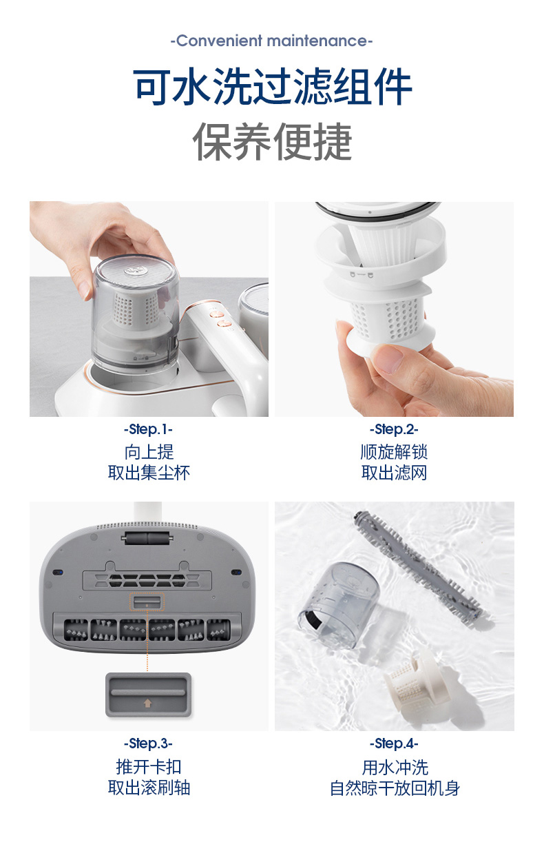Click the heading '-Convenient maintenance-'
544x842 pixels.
coord(271,41)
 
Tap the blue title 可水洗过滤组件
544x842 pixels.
coord(273,86)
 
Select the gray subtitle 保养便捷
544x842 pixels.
coord(273,141)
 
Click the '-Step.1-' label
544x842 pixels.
coord(149,429)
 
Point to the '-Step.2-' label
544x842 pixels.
coord(394,429)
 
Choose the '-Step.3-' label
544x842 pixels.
coord(149,743)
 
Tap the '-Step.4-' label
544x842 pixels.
coord(394,743)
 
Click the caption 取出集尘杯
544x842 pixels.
coord(149,473)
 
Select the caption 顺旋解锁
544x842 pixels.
coord(394,451)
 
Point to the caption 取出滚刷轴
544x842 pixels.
coord(149,788)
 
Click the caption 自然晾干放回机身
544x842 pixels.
coord(395,788)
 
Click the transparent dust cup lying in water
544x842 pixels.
coord(339,604)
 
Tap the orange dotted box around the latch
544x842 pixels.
coord(147,602)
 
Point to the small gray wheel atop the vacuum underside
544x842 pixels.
coord(147,538)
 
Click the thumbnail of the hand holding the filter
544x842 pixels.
coord(394,309)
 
